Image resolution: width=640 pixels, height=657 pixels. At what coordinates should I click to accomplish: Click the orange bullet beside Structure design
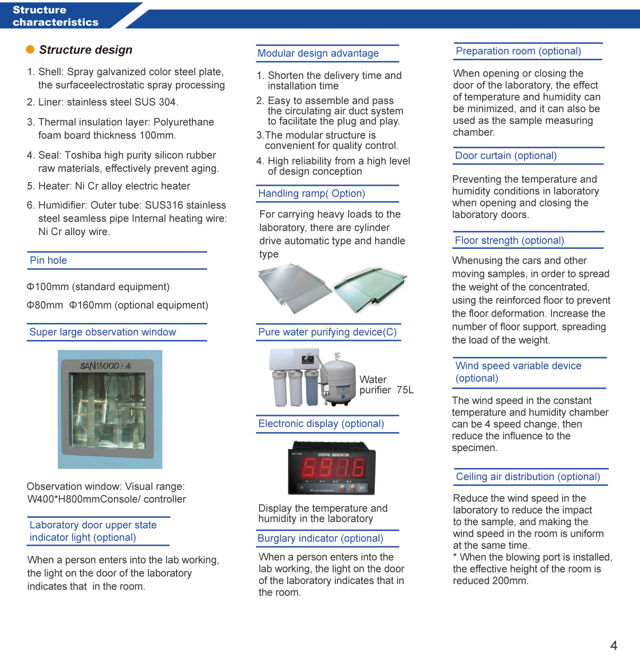[30, 50]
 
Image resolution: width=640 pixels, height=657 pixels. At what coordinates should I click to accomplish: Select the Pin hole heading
[48, 260]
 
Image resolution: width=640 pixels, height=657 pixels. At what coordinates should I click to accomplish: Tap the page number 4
[614, 645]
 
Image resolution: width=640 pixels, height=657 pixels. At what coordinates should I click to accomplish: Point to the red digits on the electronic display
[333, 468]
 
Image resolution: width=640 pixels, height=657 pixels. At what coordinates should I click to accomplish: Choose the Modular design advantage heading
[318, 53]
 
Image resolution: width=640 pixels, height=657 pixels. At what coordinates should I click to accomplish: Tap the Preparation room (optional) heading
[518, 51]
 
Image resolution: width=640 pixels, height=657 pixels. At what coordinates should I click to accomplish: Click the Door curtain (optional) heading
[506, 156]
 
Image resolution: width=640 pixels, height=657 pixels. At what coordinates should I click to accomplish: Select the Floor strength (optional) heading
[509, 240]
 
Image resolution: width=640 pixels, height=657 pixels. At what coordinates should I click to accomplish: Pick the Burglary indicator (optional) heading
[320, 538]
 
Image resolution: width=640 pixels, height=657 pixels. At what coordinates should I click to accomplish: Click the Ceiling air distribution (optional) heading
[528, 476]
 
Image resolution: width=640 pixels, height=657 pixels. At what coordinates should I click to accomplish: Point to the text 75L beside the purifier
[405, 390]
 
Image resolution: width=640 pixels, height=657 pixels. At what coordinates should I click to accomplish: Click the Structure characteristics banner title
[55, 16]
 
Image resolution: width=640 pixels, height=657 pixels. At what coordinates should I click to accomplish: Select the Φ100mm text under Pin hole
[48, 287]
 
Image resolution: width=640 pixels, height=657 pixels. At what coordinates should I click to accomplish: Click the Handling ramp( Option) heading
[312, 194]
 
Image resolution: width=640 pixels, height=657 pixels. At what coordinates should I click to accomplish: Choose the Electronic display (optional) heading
[321, 424]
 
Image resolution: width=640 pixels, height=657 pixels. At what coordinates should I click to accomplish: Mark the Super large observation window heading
[103, 332]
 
